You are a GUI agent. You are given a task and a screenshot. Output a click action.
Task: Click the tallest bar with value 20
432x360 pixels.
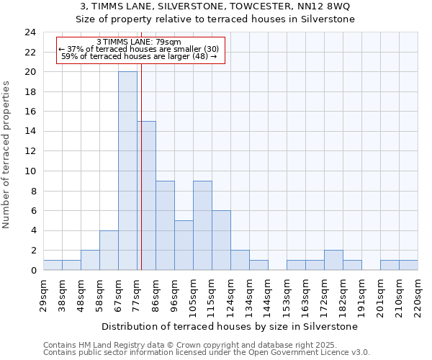[127, 171]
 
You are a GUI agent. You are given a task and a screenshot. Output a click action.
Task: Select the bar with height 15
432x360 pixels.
[146, 195]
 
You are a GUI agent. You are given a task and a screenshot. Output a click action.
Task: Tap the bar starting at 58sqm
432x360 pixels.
[109, 250]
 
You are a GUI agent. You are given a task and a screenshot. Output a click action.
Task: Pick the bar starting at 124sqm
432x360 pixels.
[240, 260]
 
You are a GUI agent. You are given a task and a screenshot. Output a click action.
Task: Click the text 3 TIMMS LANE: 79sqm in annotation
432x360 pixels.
[139, 42]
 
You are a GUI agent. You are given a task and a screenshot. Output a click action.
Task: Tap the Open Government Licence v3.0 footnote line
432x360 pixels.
[207, 353]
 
